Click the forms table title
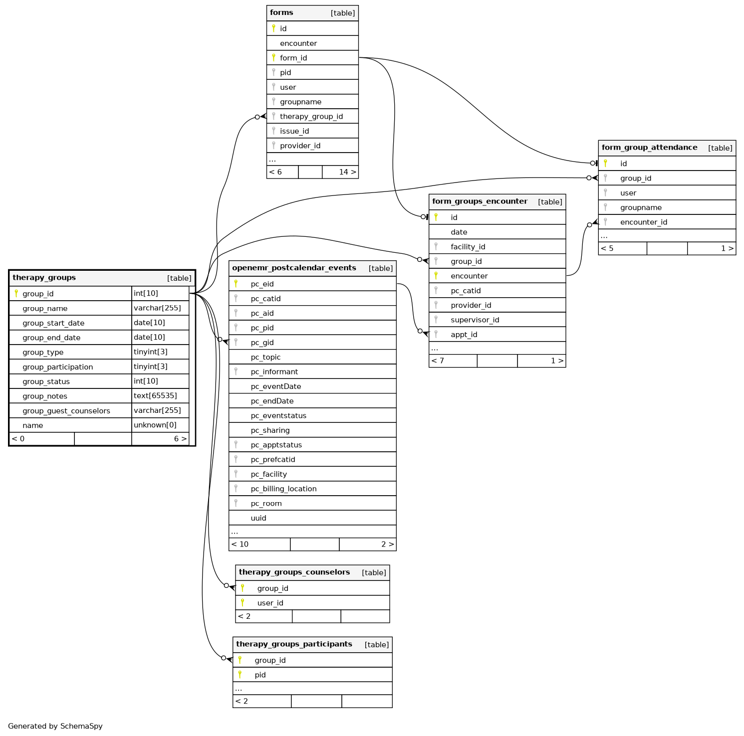(281, 13)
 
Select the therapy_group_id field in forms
(311, 117)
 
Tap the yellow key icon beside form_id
(273, 58)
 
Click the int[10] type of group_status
(146, 381)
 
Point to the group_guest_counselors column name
(66, 411)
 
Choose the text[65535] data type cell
(155, 396)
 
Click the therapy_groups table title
(44, 278)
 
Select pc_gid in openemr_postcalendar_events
(262, 343)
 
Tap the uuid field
(258, 518)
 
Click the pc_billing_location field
(283, 489)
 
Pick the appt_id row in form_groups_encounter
(464, 335)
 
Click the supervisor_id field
(475, 320)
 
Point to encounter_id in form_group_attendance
(643, 222)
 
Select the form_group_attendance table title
(649, 148)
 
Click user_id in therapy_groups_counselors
(270, 603)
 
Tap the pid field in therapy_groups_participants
(260, 675)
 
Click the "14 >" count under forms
(347, 172)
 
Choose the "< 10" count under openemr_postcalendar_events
(240, 545)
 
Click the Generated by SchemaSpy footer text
(55, 726)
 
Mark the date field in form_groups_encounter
(459, 232)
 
